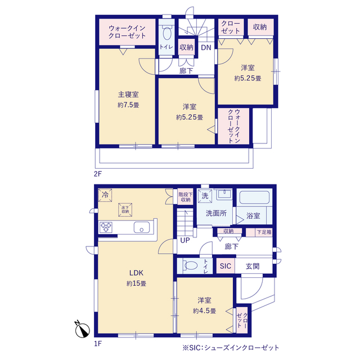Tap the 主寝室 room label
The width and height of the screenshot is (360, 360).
(128, 94)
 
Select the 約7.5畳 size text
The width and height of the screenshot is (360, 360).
(128, 105)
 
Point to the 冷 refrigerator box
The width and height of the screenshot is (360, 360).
(105, 195)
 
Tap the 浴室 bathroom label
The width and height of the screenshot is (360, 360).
(254, 216)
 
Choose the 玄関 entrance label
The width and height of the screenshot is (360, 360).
(252, 266)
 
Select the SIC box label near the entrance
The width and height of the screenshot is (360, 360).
(226, 266)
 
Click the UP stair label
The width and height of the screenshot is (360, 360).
(184, 241)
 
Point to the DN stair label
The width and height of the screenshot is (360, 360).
(206, 48)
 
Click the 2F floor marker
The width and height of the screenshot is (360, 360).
(98, 173)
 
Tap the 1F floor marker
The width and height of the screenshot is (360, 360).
(98, 343)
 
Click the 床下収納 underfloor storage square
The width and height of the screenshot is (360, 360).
(125, 209)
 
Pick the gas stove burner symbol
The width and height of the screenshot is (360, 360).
(107, 227)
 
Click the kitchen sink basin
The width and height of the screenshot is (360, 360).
(141, 227)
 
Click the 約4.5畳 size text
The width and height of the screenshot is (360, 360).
(203, 310)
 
